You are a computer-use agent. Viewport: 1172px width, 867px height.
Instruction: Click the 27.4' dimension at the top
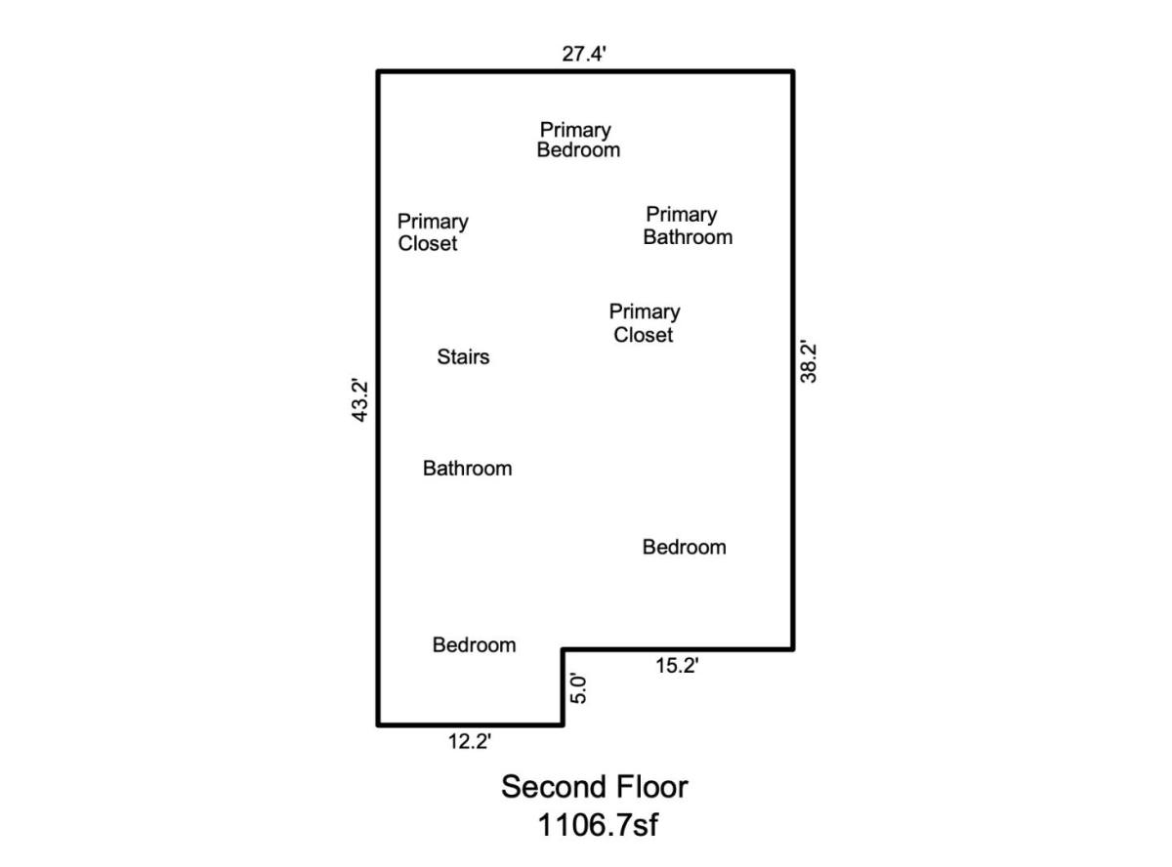(x=583, y=54)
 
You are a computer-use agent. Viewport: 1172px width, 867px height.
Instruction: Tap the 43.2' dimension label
(x=359, y=401)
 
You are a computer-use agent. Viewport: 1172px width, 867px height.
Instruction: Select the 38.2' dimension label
(x=809, y=362)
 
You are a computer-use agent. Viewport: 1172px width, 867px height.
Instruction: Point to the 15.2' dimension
(x=677, y=665)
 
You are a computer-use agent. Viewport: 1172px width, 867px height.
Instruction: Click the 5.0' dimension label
(x=579, y=688)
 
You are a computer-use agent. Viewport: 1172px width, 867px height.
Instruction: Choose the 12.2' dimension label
(x=469, y=741)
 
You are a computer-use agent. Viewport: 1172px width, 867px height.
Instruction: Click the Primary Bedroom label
(x=578, y=140)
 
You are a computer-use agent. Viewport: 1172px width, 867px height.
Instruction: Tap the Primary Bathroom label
(x=688, y=227)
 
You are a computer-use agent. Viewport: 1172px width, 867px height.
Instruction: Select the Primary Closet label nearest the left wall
(x=433, y=232)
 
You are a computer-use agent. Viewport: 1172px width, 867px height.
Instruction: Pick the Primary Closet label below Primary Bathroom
(x=645, y=323)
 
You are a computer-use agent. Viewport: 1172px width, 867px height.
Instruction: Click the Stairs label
(x=463, y=357)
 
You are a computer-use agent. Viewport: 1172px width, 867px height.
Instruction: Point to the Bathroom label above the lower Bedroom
(x=467, y=469)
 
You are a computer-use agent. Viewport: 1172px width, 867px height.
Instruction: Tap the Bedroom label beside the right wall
(x=684, y=548)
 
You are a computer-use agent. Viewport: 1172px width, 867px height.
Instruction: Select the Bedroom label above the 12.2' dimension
(x=474, y=645)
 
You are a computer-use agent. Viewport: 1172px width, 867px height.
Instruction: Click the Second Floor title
(x=594, y=787)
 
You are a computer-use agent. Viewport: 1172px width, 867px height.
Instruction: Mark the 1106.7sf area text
(x=598, y=825)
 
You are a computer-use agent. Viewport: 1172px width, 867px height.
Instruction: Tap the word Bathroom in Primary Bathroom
(x=688, y=237)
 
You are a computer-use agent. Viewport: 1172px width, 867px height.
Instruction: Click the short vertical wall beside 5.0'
(x=563, y=686)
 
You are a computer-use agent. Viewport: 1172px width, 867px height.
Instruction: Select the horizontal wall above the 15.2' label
(x=678, y=649)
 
